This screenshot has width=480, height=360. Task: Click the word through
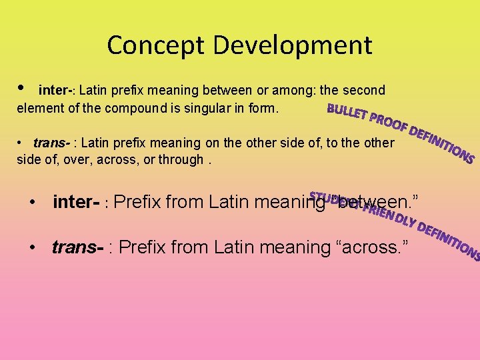[x=181, y=160]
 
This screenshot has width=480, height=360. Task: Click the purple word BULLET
[x=347, y=113]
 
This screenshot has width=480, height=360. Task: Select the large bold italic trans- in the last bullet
[x=77, y=247]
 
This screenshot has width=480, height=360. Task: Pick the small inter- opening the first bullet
[x=56, y=90]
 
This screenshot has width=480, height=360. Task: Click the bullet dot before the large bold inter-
[x=33, y=201]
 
